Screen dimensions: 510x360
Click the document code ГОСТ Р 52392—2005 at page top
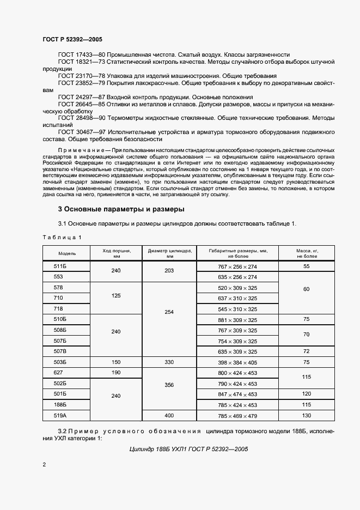click(72, 39)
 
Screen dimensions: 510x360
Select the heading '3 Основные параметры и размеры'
click(121, 209)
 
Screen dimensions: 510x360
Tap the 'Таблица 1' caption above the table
click(62, 237)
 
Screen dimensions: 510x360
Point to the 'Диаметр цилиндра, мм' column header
click(169, 253)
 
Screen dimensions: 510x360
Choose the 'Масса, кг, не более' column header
click(307, 253)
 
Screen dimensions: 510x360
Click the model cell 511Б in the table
click(60, 266)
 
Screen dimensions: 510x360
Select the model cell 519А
click(60, 415)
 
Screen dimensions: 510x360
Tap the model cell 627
click(58, 373)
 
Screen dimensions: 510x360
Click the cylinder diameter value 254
click(169, 313)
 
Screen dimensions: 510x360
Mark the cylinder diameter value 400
click(169, 415)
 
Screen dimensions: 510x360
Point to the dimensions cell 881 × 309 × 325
click(237, 319)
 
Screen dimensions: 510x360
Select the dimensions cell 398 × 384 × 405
click(237, 362)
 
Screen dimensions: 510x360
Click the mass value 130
click(307, 415)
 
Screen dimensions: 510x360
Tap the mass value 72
click(307, 351)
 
